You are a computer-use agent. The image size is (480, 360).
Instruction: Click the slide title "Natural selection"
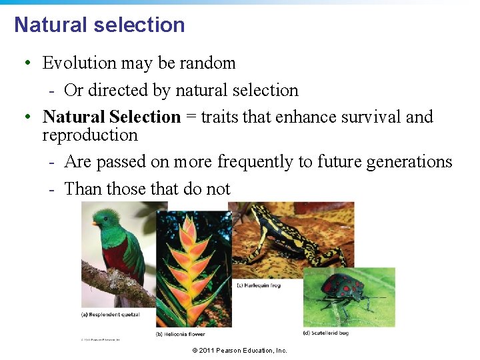(99, 25)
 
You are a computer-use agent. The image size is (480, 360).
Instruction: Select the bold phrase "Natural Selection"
(111, 117)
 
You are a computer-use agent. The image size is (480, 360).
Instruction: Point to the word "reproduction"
(90, 135)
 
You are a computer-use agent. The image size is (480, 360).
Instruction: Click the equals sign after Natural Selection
(191, 117)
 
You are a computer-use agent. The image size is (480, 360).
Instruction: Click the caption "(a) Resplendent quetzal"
(111, 314)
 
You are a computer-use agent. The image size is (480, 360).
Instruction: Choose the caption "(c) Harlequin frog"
(259, 285)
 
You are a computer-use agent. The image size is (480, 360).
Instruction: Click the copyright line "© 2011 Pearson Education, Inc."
(239, 351)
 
